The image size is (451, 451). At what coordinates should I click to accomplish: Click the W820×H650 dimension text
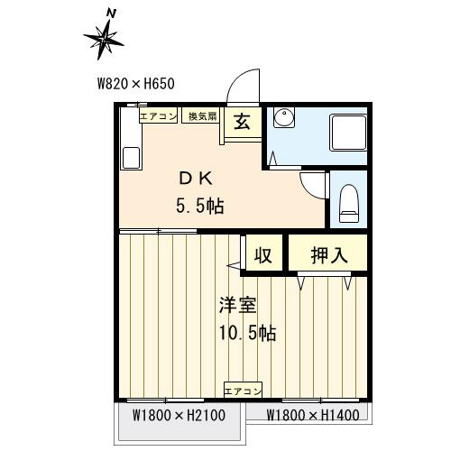[x=136, y=84]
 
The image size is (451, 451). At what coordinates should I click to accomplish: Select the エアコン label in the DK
[x=158, y=116]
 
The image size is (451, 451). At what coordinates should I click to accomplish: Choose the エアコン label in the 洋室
[x=243, y=391]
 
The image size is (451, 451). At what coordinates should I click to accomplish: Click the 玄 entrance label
[x=243, y=122]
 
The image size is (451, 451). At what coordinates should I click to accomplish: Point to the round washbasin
[x=284, y=117]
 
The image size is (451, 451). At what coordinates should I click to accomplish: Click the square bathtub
[x=348, y=133]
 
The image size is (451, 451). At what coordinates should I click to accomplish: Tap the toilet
[x=349, y=204]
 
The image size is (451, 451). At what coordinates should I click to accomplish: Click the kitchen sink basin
[x=131, y=158]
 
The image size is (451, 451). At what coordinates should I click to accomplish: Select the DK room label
[x=196, y=179]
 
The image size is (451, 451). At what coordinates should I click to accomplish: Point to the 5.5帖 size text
[x=200, y=207]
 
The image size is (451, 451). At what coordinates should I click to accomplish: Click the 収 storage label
[x=263, y=255]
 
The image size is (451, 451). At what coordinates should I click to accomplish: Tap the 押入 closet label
[x=329, y=255]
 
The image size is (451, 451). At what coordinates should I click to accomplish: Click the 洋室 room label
[x=238, y=305]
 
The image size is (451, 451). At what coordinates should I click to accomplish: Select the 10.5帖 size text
[x=248, y=333]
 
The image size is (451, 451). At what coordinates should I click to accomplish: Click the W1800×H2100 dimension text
[x=179, y=416]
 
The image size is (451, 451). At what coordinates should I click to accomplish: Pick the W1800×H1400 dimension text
[x=313, y=415]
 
